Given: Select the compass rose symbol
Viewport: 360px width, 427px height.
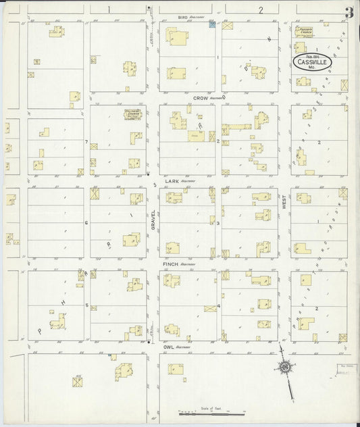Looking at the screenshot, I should (x=285, y=368).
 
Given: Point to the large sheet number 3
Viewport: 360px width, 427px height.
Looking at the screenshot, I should (x=348, y=11).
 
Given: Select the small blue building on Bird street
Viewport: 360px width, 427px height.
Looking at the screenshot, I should (x=212, y=25).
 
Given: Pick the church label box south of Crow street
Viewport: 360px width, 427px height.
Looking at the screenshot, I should (x=131, y=114).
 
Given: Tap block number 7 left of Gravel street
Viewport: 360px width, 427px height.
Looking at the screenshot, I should (x=86, y=141).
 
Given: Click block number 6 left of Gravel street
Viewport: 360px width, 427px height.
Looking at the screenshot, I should (x=86, y=222).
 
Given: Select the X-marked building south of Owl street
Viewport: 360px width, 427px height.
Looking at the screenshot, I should (x=78, y=382).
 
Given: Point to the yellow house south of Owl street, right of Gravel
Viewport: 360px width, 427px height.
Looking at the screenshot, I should (x=176, y=370).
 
